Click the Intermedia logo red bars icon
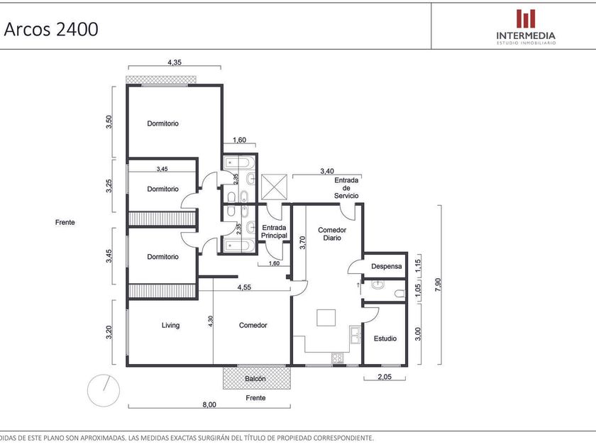[526, 19]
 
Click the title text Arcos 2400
[51, 29]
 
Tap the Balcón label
[255, 379]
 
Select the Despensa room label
[386, 267]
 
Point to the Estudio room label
[385, 338]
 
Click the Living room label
[170, 326]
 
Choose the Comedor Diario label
[332, 233]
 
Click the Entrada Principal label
[274, 231]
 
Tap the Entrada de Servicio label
[346, 188]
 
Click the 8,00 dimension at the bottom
[209, 405]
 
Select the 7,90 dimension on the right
[438, 285]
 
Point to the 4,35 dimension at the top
[175, 62]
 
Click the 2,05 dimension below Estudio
[385, 377]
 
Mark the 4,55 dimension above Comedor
[244, 287]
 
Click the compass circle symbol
[104, 390]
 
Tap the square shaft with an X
[274, 187]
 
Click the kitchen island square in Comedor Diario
[326, 318]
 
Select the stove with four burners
[337, 358]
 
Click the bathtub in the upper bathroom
[237, 164]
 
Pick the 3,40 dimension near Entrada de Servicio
[327, 171]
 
